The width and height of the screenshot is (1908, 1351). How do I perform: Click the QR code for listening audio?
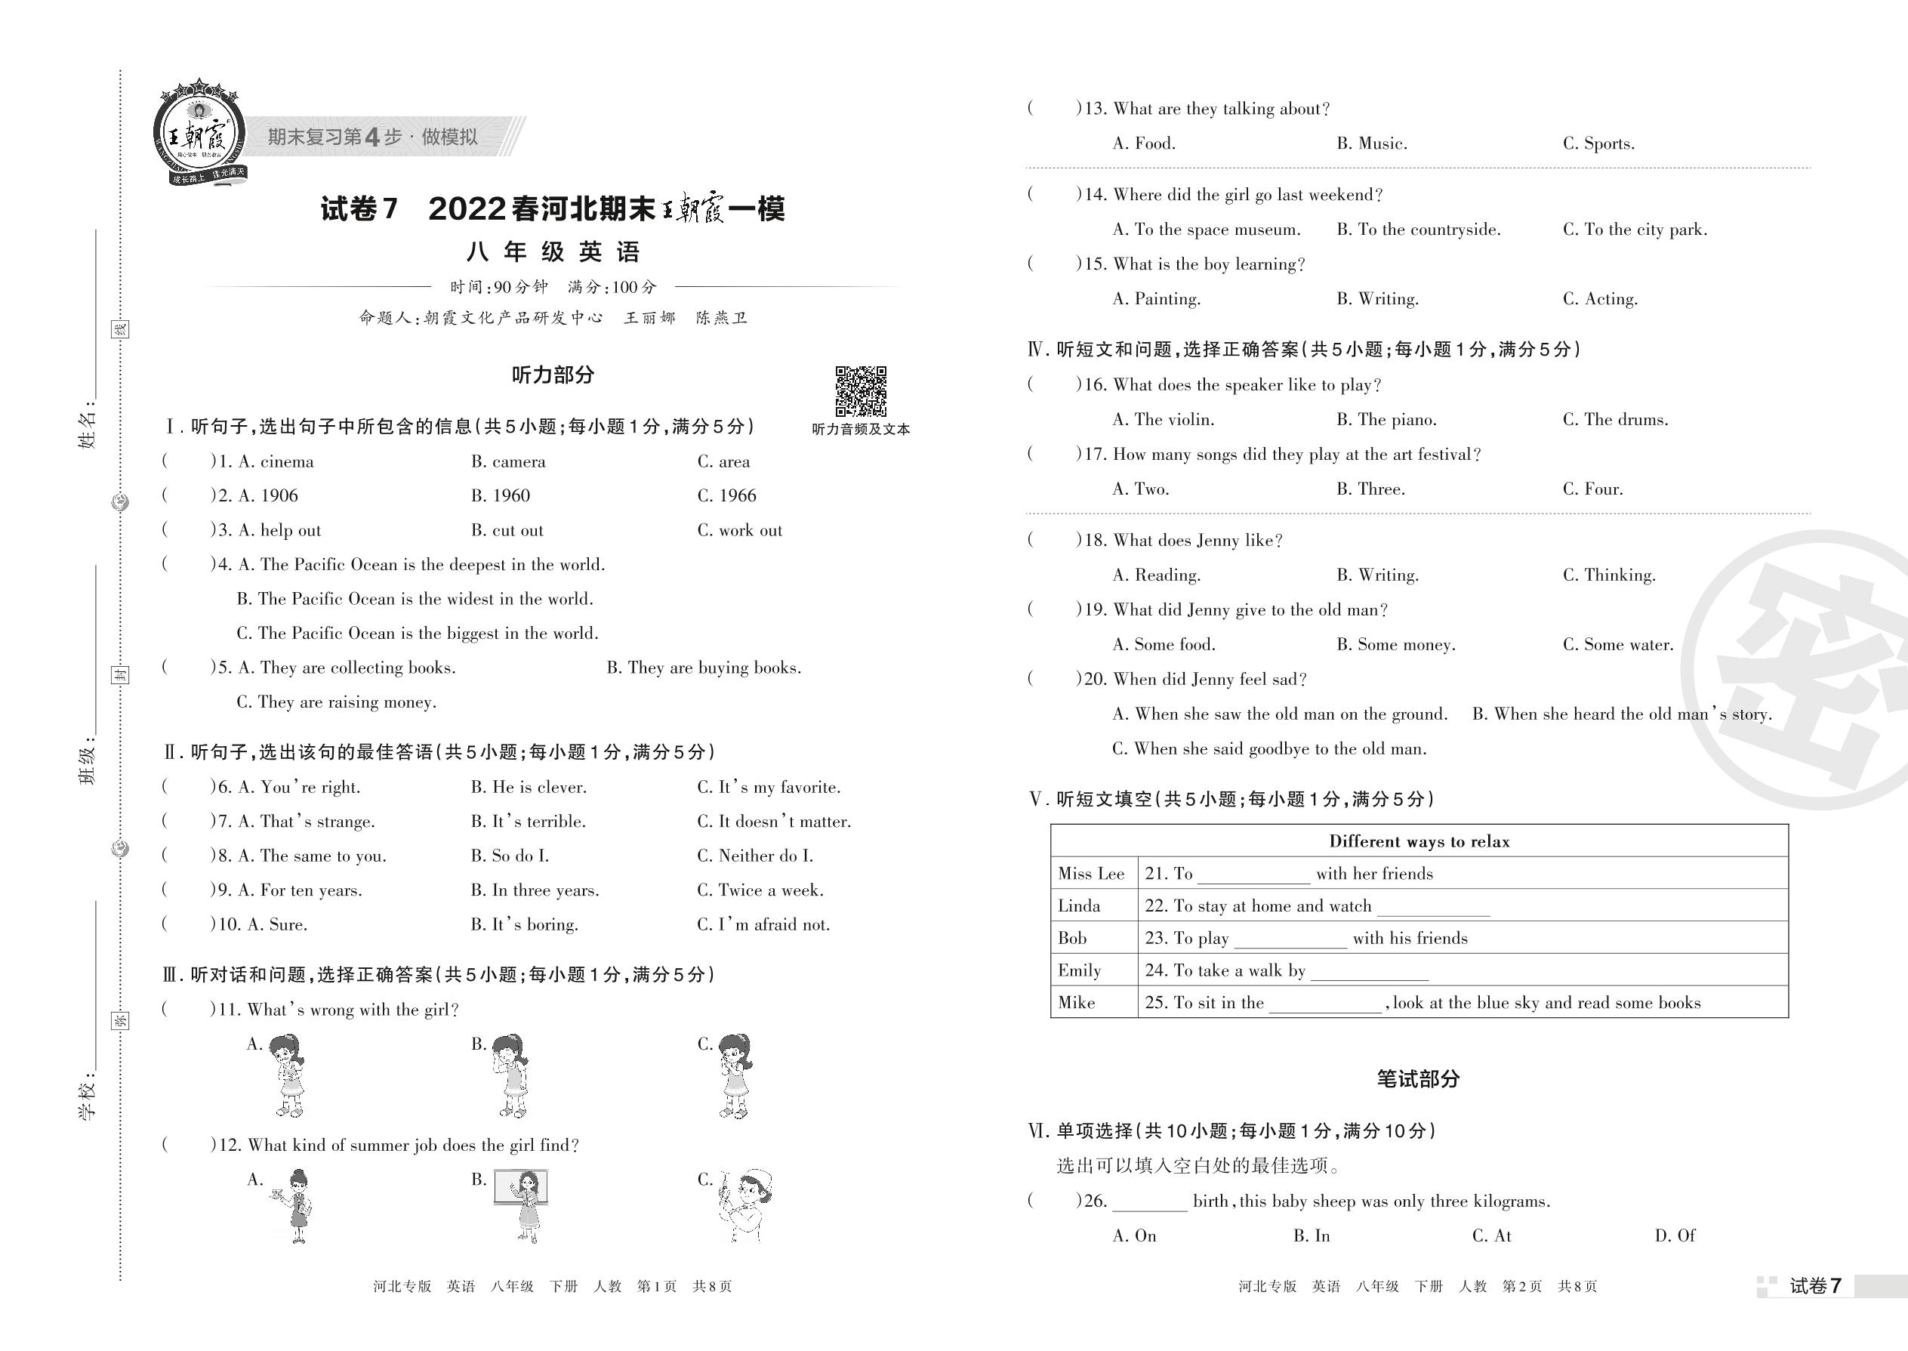(860, 390)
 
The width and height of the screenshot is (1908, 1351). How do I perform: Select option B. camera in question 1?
(508, 461)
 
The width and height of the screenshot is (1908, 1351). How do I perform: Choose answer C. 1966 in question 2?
(726, 496)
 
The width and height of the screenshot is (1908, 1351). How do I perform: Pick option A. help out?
(279, 531)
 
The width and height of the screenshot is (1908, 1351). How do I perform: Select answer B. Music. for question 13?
(1371, 143)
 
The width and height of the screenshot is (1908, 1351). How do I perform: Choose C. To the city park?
(1635, 230)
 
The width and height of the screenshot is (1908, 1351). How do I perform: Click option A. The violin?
(1163, 420)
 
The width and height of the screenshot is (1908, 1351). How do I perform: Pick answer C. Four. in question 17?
(1592, 489)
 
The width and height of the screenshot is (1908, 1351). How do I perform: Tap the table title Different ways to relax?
(1419, 841)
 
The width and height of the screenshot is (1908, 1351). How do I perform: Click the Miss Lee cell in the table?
(1090, 874)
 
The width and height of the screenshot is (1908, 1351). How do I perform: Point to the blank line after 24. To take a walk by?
(1369, 973)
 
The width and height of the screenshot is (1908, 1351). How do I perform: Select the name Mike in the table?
(1076, 1002)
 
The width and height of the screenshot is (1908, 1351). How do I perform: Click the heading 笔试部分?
(1418, 1079)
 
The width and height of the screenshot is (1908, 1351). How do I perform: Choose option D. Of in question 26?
(1674, 1236)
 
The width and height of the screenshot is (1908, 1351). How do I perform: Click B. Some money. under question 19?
(1395, 645)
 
